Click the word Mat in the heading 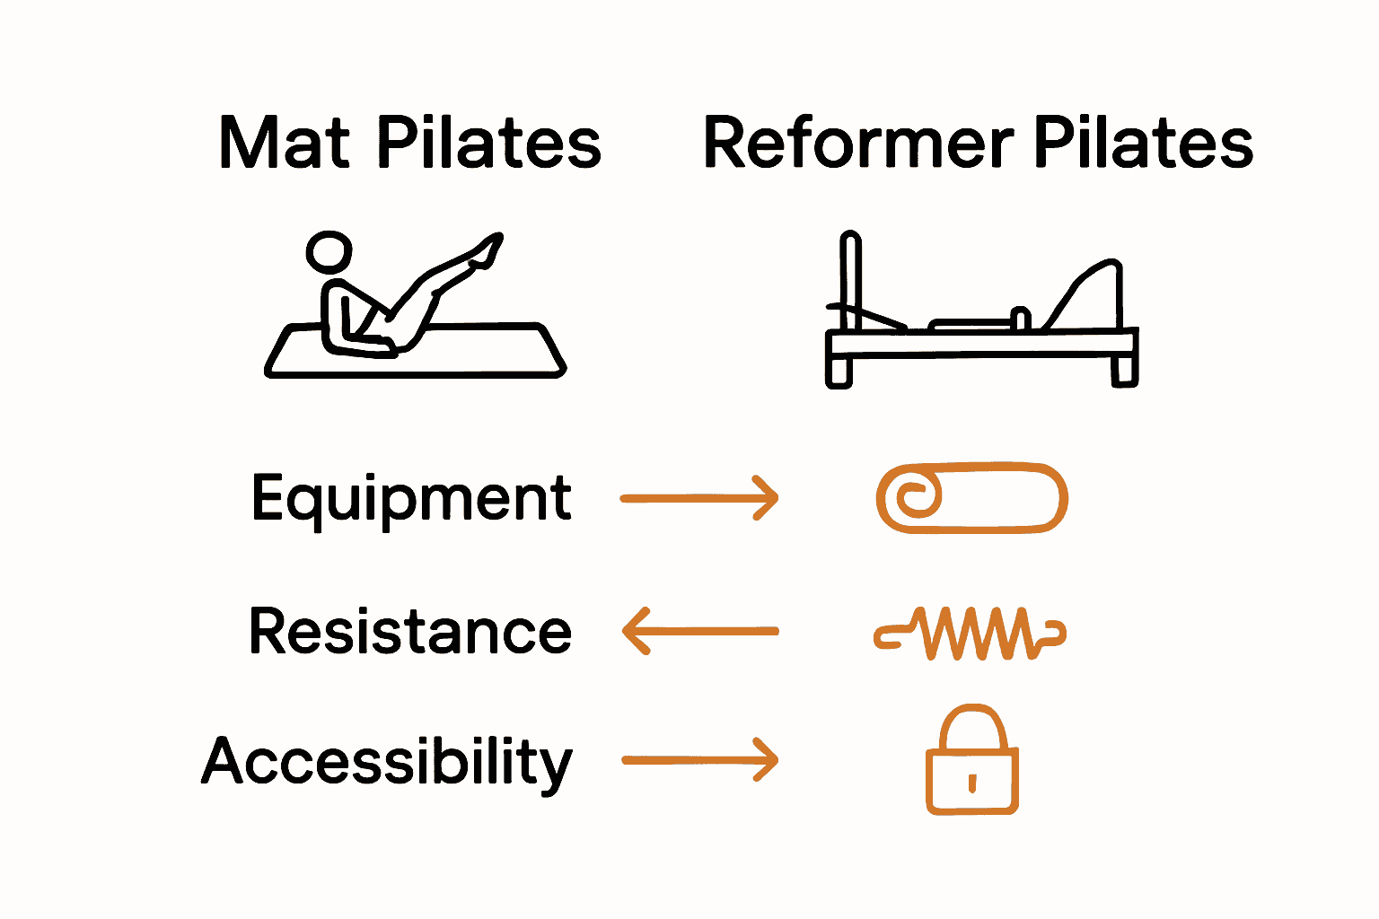tap(284, 144)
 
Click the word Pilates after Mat tap(488, 144)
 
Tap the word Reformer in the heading tap(857, 144)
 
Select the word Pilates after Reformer tap(1143, 144)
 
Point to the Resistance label tap(410, 631)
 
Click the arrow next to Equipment tap(699, 498)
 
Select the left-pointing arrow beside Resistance tap(699, 631)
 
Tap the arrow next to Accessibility tap(699, 761)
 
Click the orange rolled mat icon tap(972, 498)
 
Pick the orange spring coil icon tap(970, 633)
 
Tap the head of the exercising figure tap(329, 251)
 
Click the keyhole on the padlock tap(972, 783)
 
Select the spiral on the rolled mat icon tap(914, 496)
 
